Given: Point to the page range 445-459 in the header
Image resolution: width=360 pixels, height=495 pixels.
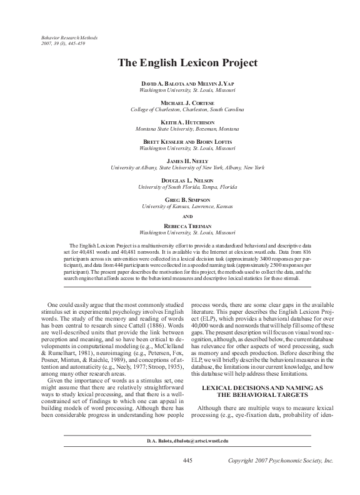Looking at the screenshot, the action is tap(86, 44).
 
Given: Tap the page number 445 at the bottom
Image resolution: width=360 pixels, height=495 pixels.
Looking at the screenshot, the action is tap(187, 461).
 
